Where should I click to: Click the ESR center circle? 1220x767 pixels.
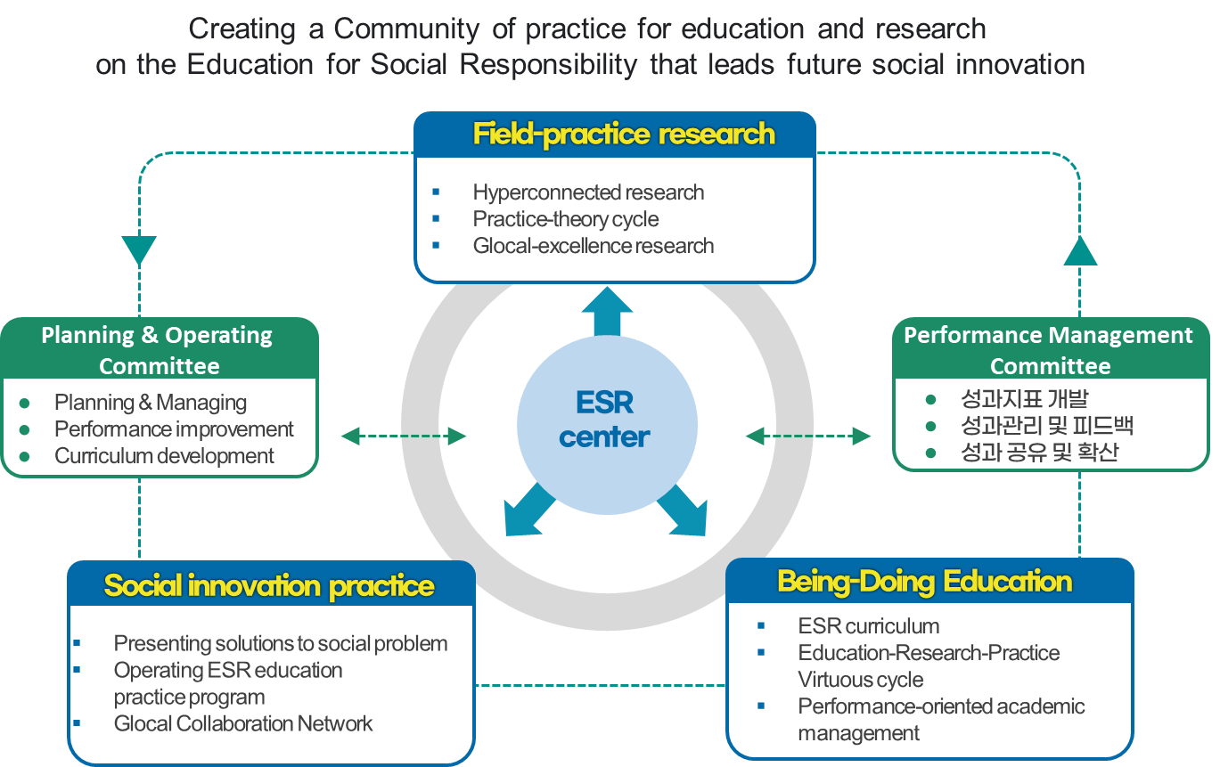tap(607, 420)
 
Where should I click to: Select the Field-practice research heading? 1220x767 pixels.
tap(624, 135)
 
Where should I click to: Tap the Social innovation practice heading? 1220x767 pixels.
tap(269, 585)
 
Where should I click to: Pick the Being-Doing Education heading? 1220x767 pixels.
tap(925, 582)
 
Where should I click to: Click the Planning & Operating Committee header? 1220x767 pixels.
tap(159, 350)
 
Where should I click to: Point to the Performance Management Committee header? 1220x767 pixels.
tap(1049, 350)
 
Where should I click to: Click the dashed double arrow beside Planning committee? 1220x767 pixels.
tap(405, 436)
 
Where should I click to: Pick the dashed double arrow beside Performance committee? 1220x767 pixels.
tap(808, 436)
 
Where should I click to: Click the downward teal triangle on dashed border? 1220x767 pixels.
tap(139, 249)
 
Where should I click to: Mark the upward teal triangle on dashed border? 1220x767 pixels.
tap(1080, 252)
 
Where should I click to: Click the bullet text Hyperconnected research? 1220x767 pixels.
tap(588, 192)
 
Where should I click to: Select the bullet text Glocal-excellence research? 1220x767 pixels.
tap(594, 245)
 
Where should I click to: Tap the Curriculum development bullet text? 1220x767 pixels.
tap(164, 456)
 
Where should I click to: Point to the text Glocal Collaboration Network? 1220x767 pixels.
tap(243, 723)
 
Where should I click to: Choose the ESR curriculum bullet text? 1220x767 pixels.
tap(869, 626)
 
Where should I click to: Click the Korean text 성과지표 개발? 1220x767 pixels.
tap(1024, 399)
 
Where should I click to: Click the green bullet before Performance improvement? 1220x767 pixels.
tap(24, 429)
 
